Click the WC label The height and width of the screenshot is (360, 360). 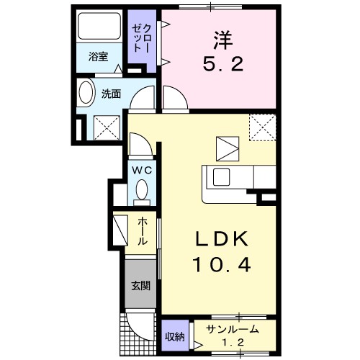(x=140, y=170)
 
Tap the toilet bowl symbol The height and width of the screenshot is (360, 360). (x=141, y=190)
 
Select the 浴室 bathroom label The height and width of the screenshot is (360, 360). (x=99, y=57)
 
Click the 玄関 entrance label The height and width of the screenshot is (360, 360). (x=140, y=286)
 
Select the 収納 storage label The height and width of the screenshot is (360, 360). (x=175, y=336)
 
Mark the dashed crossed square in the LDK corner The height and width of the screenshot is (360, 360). (x=262, y=128)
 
